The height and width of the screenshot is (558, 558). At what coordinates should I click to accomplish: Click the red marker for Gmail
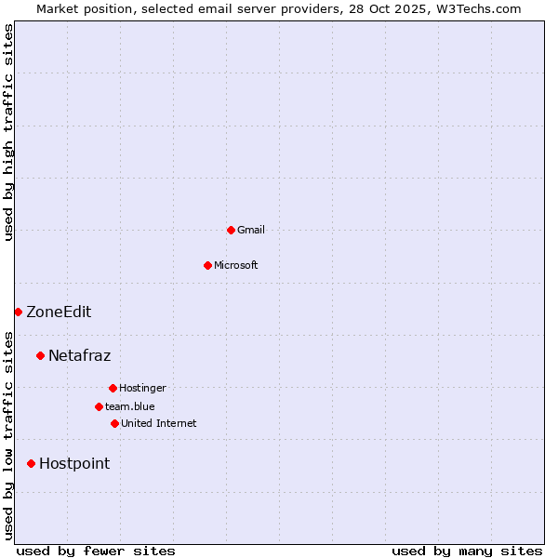coord(231,230)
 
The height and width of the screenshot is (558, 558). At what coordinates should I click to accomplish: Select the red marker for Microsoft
coord(207,265)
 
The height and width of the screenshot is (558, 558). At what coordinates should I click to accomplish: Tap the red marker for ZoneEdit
coord(18,312)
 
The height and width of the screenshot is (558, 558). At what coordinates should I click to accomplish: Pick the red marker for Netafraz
coord(40,355)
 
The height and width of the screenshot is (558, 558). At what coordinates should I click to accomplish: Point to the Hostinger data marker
coord(113,388)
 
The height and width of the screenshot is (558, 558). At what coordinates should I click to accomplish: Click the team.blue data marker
coord(99,406)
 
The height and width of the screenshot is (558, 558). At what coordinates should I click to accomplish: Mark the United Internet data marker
coord(114,423)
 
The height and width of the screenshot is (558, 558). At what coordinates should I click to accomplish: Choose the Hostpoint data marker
coord(31,463)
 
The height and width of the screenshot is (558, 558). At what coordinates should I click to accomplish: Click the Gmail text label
coord(251,230)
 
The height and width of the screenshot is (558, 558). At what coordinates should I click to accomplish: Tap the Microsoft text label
coord(236,265)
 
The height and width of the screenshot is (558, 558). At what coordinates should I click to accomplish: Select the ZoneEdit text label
coord(59,312)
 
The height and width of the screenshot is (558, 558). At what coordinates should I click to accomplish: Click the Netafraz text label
coord(79,355)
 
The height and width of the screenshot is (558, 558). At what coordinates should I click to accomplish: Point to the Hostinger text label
coord(142,388)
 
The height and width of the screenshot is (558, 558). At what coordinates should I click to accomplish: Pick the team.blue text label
coord(130,406)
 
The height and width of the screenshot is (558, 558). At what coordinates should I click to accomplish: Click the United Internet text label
coord(159,423)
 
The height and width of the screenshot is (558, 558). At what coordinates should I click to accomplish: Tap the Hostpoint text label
coord(74,463)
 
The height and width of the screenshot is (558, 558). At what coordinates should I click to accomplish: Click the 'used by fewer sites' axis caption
coord(96,551)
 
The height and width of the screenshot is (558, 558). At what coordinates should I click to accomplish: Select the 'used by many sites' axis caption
coord(467,551)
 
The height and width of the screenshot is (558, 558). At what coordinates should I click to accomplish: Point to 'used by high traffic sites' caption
coord(8,132)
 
